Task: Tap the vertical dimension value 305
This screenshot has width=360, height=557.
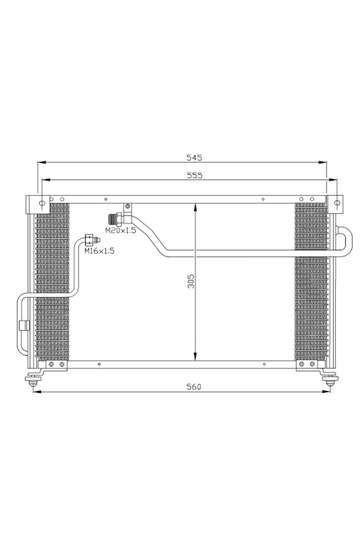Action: pyautogui.click(x=189, y=281)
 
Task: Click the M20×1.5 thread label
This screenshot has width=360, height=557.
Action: pyautogui.click(x=121, y=230)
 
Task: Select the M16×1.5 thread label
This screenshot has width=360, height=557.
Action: pyautogui.click(x=99, y=251)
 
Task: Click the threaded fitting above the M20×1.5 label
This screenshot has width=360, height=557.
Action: pyautogui.click(x=117, y=219)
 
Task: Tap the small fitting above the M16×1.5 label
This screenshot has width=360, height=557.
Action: pyautogui.click(x=91, y=240)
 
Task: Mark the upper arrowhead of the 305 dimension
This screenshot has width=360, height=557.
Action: pyautogui.click(x=195, y=207)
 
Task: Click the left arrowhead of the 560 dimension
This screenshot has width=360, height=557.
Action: pyautogui.click(x=37, y=392)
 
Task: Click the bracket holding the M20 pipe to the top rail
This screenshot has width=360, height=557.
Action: pyautogui.click(x=128, y=207)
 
